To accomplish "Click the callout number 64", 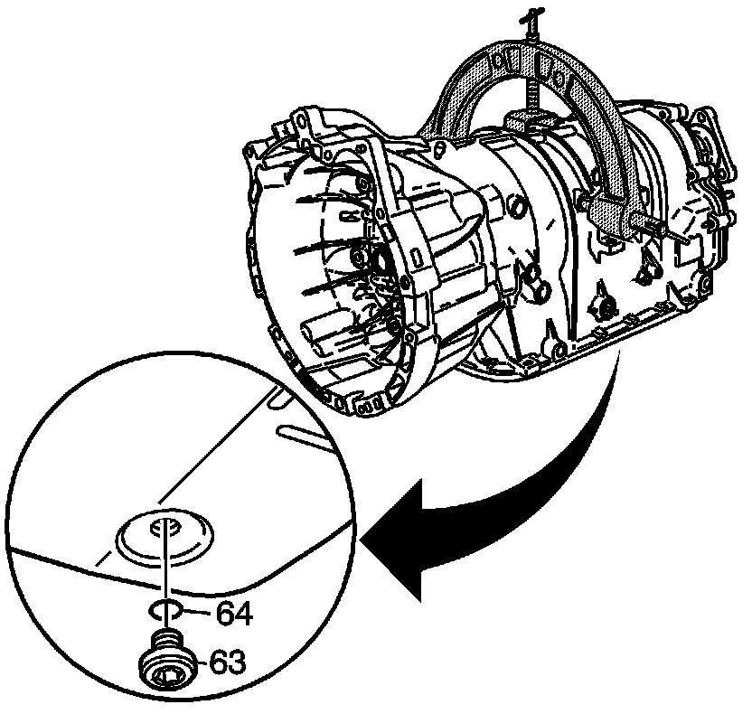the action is pyautogui.click(x=234, y=614).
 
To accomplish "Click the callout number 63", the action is pyautogui.click(x=227, y=662).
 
